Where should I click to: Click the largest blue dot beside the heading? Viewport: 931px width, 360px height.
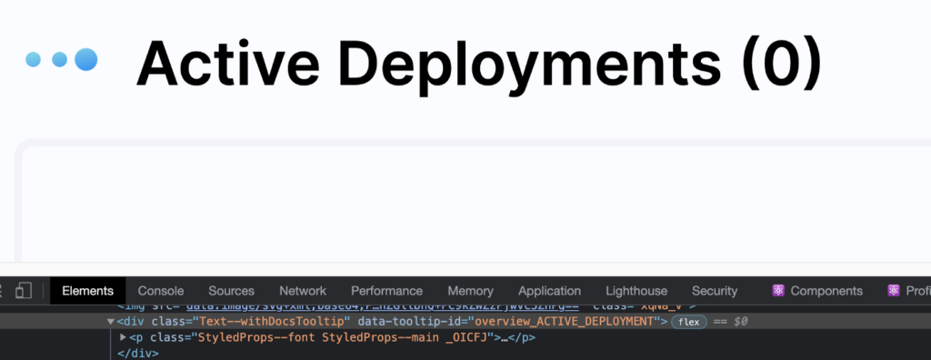pos(85,60)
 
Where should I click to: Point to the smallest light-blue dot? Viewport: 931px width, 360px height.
pos(34,60)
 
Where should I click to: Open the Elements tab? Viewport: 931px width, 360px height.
pos(87,291)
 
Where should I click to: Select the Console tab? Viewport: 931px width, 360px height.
pos(161,291)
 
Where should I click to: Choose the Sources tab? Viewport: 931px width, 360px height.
pos(231,291)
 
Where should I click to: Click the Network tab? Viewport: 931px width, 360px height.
pos(303,291)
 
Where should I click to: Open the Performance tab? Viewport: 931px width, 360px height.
pos(386,291)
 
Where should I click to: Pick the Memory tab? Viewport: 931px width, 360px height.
pos(470,291)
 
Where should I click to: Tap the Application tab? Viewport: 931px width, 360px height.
pos(549,291)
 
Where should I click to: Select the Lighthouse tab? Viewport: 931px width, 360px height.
pos(636,291)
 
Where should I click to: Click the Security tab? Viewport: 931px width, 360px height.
pos(715,291)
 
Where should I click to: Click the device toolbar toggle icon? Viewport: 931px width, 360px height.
pos(25,291)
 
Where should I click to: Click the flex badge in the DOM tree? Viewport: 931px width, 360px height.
pos(689,322)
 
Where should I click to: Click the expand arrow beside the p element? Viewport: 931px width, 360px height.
pos(124,337)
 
